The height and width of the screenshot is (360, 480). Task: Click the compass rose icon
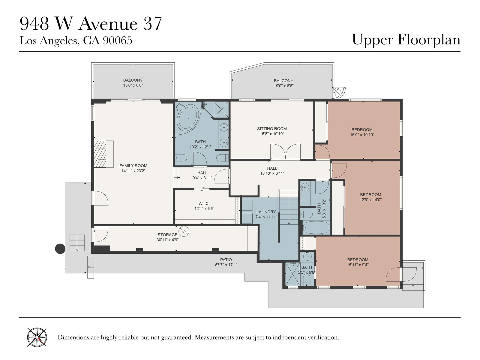click(37, 337)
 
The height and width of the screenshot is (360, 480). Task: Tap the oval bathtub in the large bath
click(188, 118)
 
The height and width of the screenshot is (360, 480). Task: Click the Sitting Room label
click(272, 129)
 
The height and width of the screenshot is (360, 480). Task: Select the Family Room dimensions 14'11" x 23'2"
click(133, 171)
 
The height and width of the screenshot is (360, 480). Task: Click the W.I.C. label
click(204, 203)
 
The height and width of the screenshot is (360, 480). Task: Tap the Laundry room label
click(266, 212)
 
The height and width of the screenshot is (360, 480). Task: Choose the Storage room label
click(167, 235)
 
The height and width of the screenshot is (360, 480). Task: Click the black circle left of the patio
click(60, 249)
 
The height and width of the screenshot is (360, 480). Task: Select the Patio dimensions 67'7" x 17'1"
click(226, 265)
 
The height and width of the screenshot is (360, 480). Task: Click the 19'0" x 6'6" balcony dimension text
click(283, 86)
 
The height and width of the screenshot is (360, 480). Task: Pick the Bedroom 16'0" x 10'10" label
click(362, 130)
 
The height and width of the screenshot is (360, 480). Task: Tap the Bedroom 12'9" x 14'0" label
click(371, 194)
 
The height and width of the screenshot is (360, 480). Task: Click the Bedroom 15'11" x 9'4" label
click(358, 260)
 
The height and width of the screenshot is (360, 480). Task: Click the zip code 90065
click(117, 40)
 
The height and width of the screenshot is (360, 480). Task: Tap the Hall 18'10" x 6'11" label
click(272, 168)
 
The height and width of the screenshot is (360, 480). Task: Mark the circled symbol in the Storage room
click(184, 231)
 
